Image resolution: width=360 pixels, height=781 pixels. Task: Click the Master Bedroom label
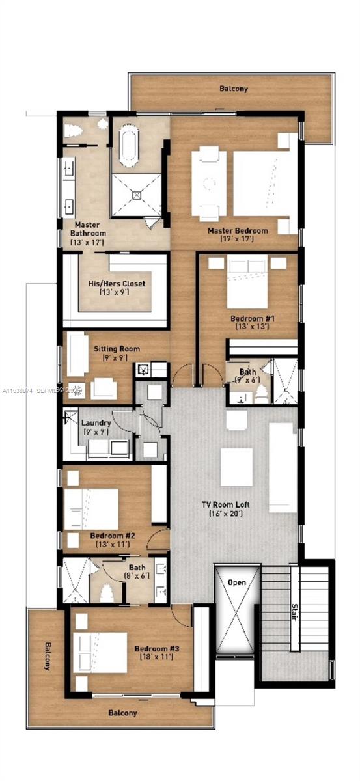238,230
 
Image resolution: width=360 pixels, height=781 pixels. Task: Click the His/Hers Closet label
117,284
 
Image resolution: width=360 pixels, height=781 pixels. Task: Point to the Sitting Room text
116,349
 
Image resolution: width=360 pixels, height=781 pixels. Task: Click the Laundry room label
96,422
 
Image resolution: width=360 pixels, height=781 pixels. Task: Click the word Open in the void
236,582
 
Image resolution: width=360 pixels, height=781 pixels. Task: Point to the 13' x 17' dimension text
89,242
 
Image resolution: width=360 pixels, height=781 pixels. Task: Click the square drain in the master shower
137,194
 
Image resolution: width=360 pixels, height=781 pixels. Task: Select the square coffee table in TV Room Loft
236,467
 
